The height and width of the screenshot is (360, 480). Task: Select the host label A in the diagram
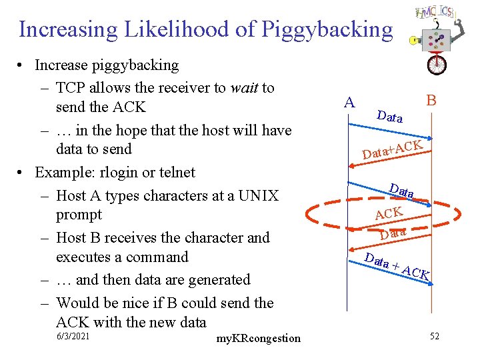point(349,103)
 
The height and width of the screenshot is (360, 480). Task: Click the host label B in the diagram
point(431,101)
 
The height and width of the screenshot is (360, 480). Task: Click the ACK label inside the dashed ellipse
point(389,214)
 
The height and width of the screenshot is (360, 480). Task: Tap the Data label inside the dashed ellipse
point(393,233)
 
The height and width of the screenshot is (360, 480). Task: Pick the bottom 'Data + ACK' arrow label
point(399,266)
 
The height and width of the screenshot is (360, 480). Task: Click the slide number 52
point(435,336)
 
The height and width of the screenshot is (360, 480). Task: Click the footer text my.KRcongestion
point(259,339)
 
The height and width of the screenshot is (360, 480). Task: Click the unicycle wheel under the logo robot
point(437,65)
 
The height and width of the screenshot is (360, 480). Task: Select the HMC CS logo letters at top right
point(435,13)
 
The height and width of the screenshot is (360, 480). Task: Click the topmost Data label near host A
point(389,117)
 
